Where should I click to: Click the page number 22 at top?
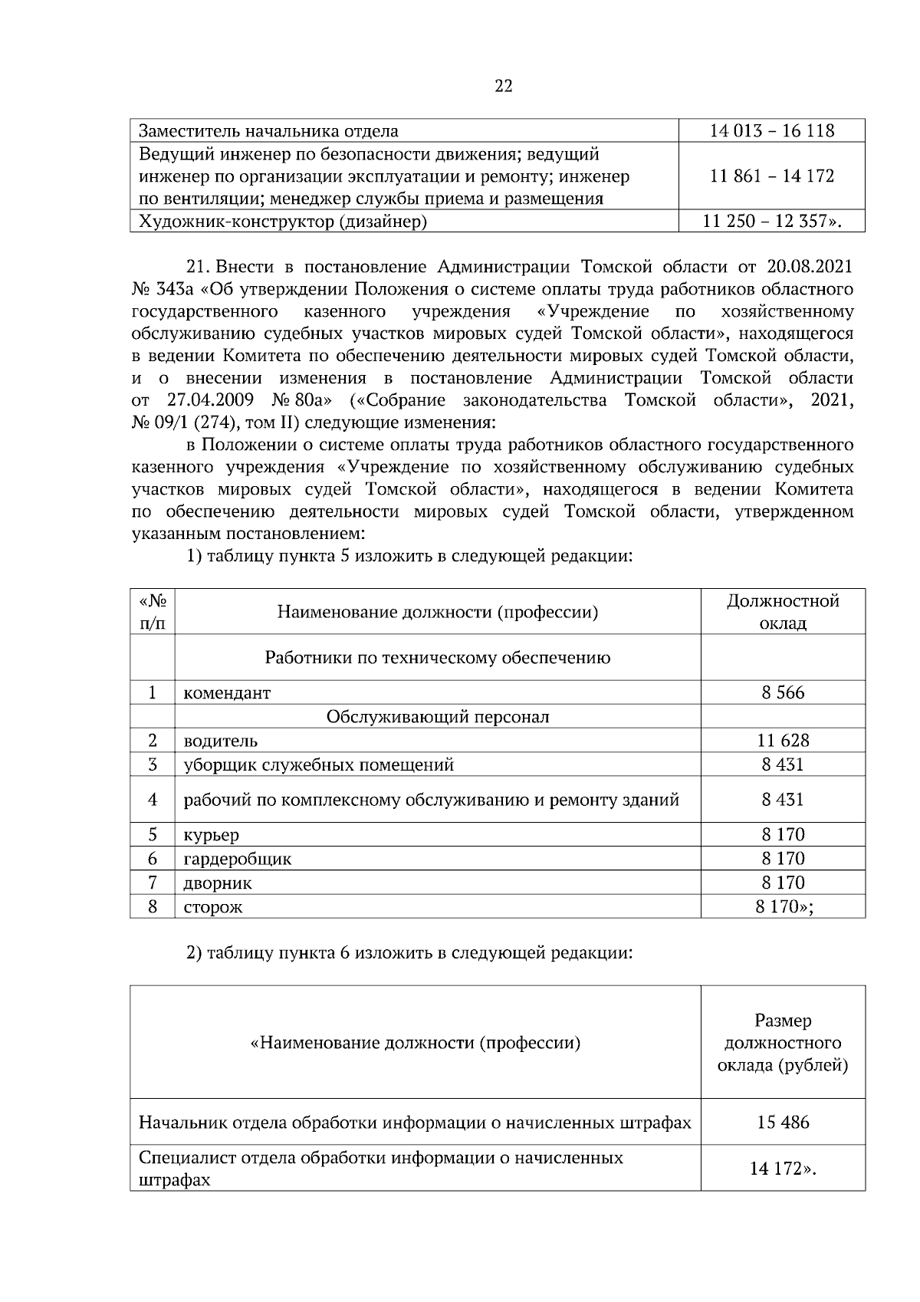click(x=502, y=86)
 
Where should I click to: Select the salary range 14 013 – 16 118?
click(x=771, y=131)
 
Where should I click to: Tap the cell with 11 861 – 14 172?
click(x=771, y=176)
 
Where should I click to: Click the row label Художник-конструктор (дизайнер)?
click(x=282, y=222)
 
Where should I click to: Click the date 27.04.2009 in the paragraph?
click(x=210, y=400)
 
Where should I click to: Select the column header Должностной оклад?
click(x=783, y=612)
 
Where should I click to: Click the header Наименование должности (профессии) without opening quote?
click(x=437, y=612)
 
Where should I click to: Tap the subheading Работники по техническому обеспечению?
click(x=437, y=658)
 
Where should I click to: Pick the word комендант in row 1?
click(x=227, y=693)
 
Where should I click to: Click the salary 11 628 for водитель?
click(x=783, y=741)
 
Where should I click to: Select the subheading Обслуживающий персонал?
click(x=437, y=717)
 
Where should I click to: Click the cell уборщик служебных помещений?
click(x=318, y=765)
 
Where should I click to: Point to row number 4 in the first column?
click(x=153, y=800)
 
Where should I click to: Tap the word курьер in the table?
click(x=211, y=835)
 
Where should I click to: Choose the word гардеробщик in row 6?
click(x=237, y=860)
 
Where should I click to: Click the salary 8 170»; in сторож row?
click(x=784, y=907)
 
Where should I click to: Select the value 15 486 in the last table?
click(x=783, y=1123)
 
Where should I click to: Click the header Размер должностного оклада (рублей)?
click(x=783, y=1043)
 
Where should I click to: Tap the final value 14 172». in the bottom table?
click(x=783, y=1169)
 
